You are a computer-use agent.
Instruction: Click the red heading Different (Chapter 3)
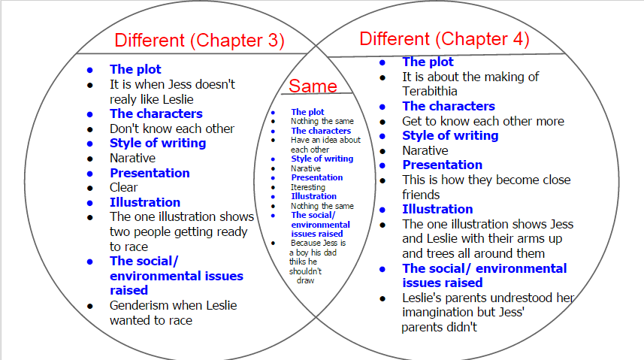coord(199,41)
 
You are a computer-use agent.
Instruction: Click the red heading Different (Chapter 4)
coord(444,39)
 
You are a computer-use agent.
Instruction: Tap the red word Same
coord(313,86)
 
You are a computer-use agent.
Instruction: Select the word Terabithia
coord(430,91)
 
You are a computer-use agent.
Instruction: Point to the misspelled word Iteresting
coord(308,187)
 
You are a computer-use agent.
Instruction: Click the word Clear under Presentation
coord(124,187)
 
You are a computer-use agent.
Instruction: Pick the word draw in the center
coord(305,280)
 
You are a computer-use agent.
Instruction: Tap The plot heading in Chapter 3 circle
coord(135,69)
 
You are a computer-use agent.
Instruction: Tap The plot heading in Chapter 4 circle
coord(428,62)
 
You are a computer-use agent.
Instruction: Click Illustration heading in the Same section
coord(314,196)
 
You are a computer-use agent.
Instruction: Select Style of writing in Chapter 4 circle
coord(450,135)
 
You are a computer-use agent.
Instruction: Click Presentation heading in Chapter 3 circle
coord(150,173)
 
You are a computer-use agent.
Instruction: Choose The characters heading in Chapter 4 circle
coord(449,106)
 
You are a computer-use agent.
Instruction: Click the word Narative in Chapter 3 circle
coord(133,159)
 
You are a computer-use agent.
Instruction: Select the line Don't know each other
coord(171,129)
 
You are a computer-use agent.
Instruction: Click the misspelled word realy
coord(122,99)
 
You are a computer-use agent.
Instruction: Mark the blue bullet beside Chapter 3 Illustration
coord(90,203)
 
